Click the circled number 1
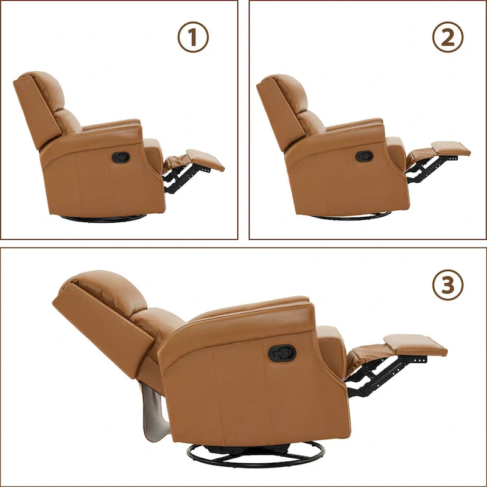click(x=193, y=38)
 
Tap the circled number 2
click(x=447, y=38)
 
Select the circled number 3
click(x=447, y=284)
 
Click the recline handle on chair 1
click(x=120, y=157)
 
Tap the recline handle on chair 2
click(x=364, y=156)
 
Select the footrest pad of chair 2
click(x=450, y=148)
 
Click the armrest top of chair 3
click(x=256, y=307)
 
